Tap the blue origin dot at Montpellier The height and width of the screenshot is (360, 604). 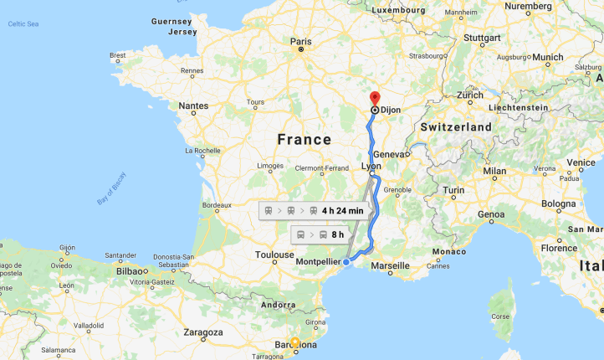(x=346, y=262)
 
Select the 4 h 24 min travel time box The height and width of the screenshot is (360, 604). (x=314, y=210)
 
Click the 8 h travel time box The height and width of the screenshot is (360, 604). (x=320, y=234)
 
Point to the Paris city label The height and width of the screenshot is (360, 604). (x=300, y=40)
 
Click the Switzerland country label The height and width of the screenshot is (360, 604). (x=456, y=126)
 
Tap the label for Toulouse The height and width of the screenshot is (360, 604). (x=275, y=254)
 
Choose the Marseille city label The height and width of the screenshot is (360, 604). (x=391, y=265)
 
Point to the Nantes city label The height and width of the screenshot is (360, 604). (x=192, y=105)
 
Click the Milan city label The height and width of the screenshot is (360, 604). (x=494, y=171)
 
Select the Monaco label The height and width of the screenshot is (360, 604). (x=449, y=252)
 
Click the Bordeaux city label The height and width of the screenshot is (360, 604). (x=217, y=205)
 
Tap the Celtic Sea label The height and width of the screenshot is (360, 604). (x=23, y=24)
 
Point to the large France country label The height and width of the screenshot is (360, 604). (x=304, y=139)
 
